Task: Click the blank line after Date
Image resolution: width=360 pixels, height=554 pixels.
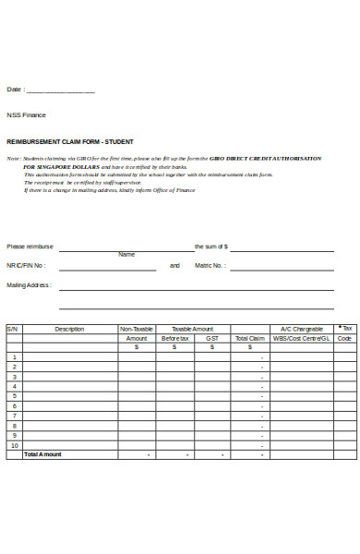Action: (60, 91)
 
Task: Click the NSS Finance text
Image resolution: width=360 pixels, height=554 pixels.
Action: (26, 115)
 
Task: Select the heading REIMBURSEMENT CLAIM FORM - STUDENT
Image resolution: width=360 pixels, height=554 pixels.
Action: (70, 141)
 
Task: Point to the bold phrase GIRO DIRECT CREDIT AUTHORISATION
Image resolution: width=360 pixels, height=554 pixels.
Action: (268, 158)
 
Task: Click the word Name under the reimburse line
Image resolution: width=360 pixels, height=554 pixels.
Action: (126, 255)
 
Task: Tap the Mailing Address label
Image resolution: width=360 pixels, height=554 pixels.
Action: (30, 285)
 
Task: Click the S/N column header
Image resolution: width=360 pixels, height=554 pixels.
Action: (13, 329)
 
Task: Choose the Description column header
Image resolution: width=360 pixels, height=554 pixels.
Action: (69, 329)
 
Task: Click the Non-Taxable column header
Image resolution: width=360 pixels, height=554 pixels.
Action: (137, 329)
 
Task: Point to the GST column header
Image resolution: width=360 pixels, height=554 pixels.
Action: (212, 339)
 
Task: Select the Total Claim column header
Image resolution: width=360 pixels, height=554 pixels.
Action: (249, 339)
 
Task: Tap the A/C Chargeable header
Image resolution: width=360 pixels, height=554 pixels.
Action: (301, 329)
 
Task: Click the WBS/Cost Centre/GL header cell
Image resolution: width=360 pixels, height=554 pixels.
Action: (301, 339)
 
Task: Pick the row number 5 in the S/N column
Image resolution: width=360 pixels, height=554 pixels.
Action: (14, 395)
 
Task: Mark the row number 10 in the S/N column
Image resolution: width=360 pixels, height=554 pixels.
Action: (14, 445)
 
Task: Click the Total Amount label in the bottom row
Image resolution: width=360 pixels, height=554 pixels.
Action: (42, 454)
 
